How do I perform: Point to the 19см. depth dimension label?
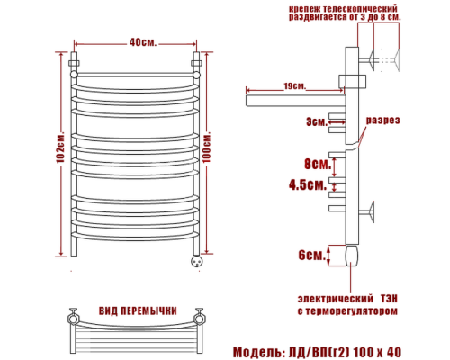pos(289,86)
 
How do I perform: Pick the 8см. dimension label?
pos(314,165)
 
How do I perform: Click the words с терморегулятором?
pos(346,311)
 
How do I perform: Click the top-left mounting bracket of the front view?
pos(75,66)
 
